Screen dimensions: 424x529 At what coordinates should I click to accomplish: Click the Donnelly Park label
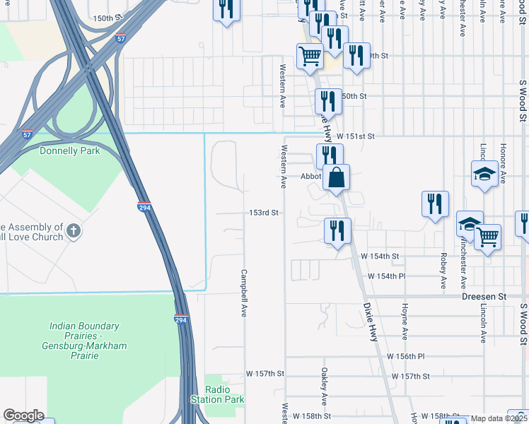click(69, 151)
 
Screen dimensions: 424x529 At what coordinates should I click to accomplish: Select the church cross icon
click(74, 230)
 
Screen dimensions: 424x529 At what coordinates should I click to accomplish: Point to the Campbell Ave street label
click(244, 293)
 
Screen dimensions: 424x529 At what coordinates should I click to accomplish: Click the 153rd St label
click(265, 212)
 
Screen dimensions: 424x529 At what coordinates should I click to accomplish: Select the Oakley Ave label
click(324, 386)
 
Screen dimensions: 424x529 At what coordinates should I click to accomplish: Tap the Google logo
click(23, 416)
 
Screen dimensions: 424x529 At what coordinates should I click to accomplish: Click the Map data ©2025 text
click(499, 418)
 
